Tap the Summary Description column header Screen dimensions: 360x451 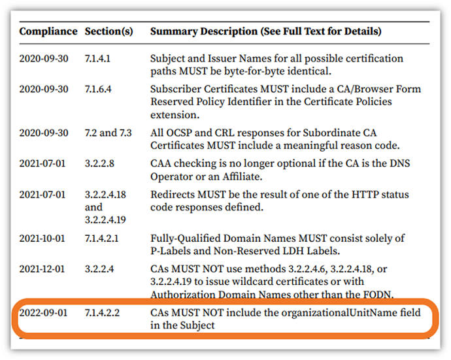click(x=266, y=31)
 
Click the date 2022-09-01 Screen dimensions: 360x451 click(x=44, y=314)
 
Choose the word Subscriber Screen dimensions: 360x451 click(x=175, y=89)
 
